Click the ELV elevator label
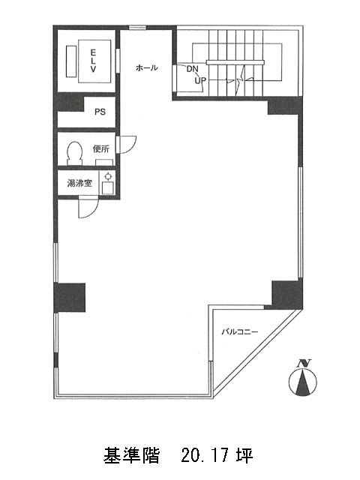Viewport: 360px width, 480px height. click(x=93, y=61)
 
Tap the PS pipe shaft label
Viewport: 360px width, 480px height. click(x=100, y=112)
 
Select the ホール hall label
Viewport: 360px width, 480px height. click(x=147, y=67)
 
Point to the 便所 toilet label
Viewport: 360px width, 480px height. click(x=101, y=149)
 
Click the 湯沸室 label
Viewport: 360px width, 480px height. click(x=79, y=183)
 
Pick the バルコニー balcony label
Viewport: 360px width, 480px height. click(x=240, y=331)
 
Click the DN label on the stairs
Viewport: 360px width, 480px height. click(x=193, y=69)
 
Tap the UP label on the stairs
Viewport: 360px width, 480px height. click(x=200, y=81)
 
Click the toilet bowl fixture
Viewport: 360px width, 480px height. click(x=75, y=153)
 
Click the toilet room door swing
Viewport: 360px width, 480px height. click(x=127, y=144)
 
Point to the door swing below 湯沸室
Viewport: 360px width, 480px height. click(x=88, y=208)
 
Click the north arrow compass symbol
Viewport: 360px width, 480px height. click(x=302, y=382)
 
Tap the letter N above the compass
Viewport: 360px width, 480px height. click(x=304, y=363)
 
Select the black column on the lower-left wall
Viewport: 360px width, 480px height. click(x=70, y=298)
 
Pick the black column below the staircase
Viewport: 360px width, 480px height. click(x=285, y=106)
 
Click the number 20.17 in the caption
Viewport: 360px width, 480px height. click(x=205, y=455)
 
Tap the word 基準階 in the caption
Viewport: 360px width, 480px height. click(x=131, y=455)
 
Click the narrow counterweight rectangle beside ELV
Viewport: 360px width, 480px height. click(x=71, y=61)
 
